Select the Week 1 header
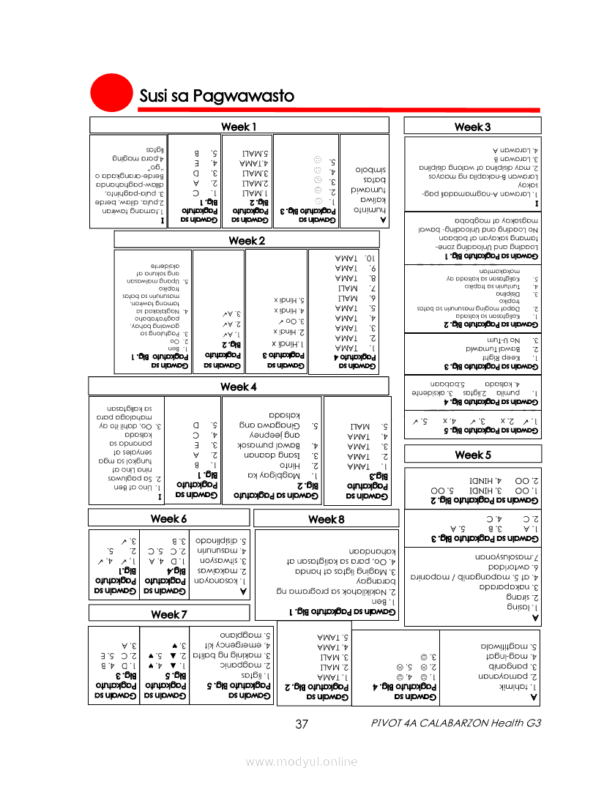tap(239, 127)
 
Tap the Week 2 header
tap(247, 240)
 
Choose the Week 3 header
tap(472, 127)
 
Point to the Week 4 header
tap(239, 386)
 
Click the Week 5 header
tap(472, 455)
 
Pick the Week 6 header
tap(169, 518)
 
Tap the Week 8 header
tap(326, 518)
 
